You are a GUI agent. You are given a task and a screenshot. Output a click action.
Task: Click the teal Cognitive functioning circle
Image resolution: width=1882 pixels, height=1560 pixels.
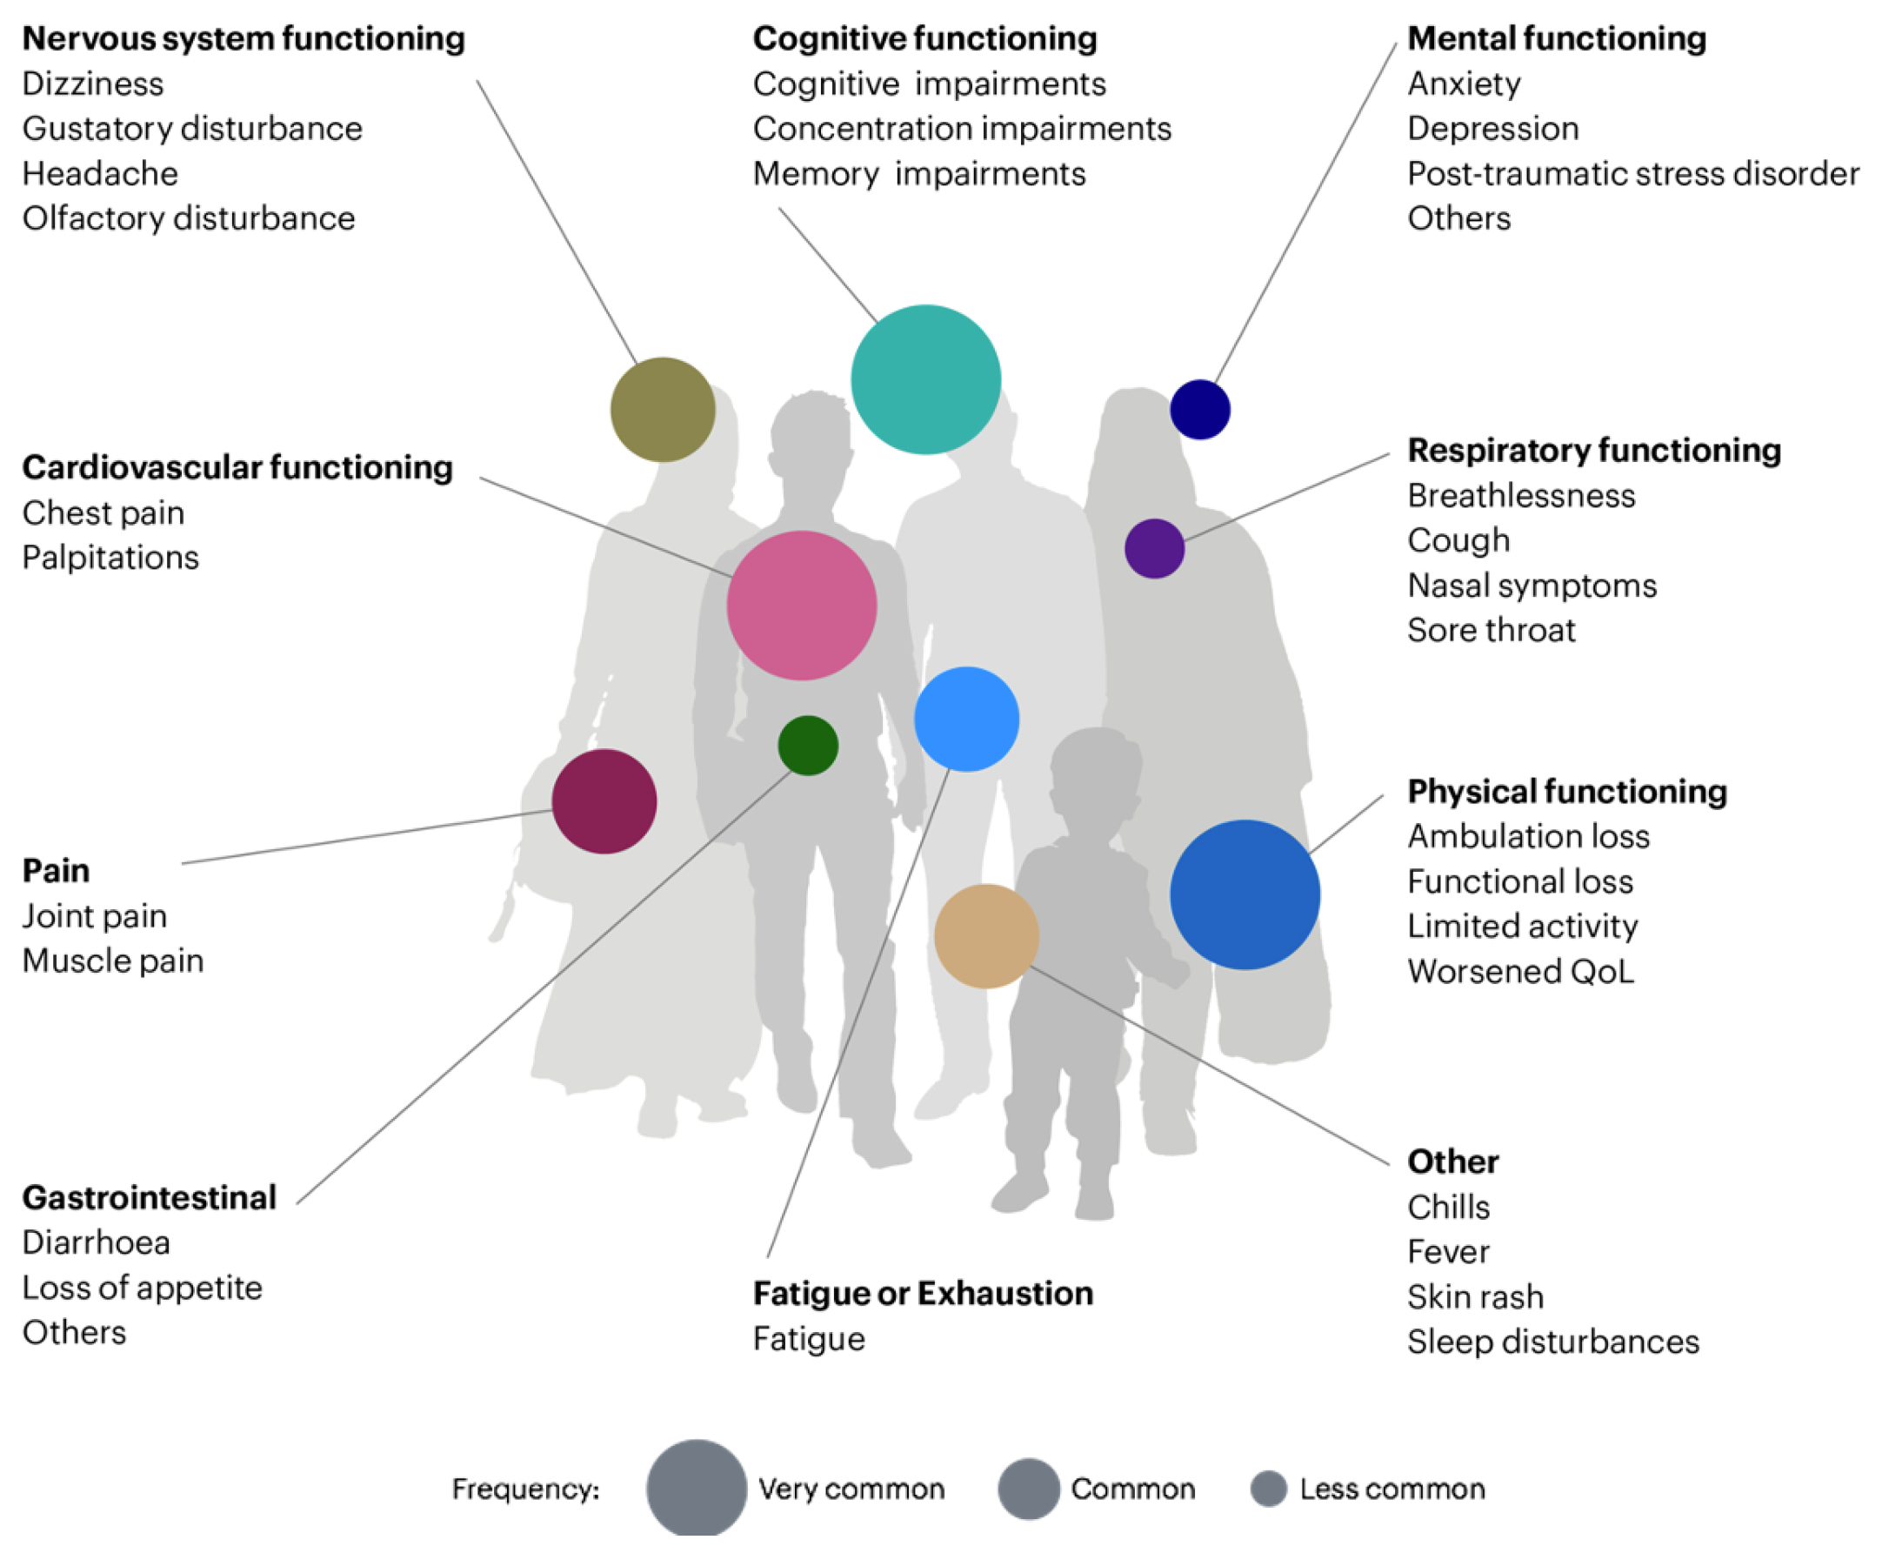(x=924, y=379)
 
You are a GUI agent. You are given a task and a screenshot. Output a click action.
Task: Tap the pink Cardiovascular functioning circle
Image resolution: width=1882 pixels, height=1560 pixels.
(x=801, y=606)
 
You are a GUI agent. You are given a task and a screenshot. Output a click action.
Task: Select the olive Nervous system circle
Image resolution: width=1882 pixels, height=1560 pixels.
(x=663, y=410)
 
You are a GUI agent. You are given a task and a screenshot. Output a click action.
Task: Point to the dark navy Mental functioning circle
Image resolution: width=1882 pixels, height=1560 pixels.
(x=1199, y=410)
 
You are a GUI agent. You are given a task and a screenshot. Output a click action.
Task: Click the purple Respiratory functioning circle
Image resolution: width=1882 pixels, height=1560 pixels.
(x=1154, y=549)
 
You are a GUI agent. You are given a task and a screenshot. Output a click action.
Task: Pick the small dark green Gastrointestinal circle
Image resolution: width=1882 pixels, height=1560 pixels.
(x=807, y=745)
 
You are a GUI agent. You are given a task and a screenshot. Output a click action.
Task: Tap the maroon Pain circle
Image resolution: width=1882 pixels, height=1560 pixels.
(x=604, y=800)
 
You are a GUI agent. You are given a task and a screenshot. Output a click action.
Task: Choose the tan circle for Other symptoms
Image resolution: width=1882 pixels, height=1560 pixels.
(x=986, y=936)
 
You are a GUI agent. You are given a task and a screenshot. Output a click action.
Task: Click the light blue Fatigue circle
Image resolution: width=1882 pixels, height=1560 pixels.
(x=966, y=719)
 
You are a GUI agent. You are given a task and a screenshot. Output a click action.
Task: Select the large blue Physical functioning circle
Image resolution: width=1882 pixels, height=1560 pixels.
(x=1244, y=894)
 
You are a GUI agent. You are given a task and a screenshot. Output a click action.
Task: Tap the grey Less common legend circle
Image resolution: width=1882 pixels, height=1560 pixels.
(x=1268, y=1489)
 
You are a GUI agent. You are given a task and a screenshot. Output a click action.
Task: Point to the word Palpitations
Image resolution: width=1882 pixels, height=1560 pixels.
(x=110, y=558)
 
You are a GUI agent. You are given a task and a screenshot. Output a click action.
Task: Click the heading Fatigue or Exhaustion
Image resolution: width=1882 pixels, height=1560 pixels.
(x=923, y=1293)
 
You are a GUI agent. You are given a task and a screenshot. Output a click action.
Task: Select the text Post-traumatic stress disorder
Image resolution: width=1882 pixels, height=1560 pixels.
(x=1632, y=173)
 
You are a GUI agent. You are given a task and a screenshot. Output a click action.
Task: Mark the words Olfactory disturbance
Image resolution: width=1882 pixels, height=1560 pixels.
(x=188, y=218)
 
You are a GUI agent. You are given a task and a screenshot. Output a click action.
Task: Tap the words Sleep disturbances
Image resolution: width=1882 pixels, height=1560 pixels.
(x=1552, y=1342)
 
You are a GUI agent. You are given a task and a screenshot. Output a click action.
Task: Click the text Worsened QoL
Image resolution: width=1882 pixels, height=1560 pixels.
(x=1520, y=971)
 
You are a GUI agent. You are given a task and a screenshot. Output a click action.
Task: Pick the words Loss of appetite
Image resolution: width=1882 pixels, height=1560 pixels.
(x=142, y=1288)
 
